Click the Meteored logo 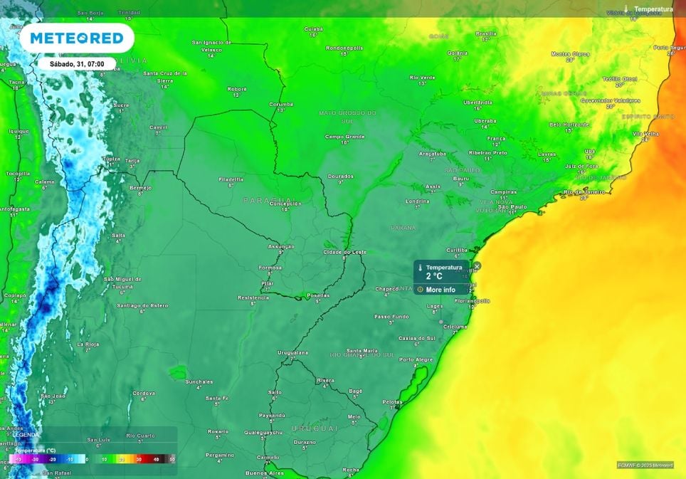(x=77, y=38)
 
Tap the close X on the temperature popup (x=477, y=266)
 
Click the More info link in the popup (x=440, y=290)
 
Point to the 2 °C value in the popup (x=434, y=276)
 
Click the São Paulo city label (x=512, y=206)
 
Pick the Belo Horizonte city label (x=569, y=124)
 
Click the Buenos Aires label (x=264, y=473)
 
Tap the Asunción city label (x=280, y=246)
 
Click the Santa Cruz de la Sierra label (x=165, y=73)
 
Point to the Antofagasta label (x=14, y=209)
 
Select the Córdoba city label (x=144, y=393)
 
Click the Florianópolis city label (x=473, y=300)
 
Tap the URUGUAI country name (x=315, y=428)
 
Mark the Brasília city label (x=486, y=33)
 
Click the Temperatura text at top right (x=653, y=9)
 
